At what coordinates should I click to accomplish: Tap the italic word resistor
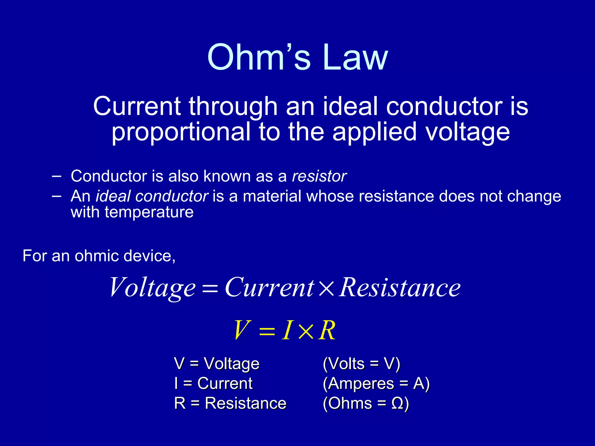[319, 176]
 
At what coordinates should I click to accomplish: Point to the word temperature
[149, 212]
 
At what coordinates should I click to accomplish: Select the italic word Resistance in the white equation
[400, 287]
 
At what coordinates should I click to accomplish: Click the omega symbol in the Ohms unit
[397, 404]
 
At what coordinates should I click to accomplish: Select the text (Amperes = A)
[376, 383]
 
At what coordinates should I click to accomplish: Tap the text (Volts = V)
[361, 364]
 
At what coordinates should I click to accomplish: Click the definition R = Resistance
[230, 403]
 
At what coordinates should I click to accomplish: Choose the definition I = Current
[213, 383]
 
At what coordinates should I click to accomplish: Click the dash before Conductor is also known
[56, 176]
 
